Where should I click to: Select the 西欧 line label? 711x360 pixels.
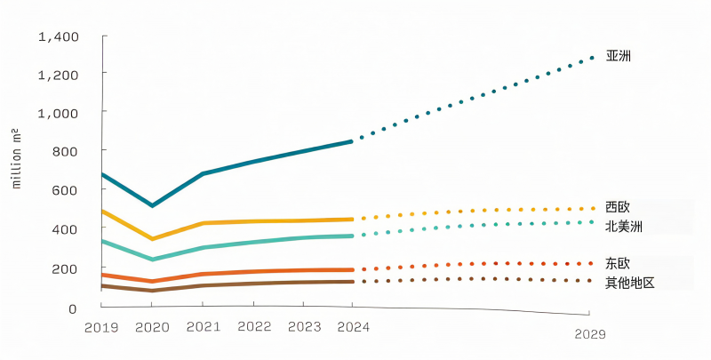pos(618,207)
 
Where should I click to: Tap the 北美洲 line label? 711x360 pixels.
pos(624,226)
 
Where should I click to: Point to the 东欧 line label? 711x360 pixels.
pos(618,263)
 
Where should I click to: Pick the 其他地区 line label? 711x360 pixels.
pos(630,283)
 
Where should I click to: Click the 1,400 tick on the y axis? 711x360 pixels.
pos(59,36)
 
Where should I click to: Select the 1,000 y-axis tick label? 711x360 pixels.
pos(59,113)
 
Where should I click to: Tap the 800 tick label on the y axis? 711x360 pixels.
pos(65,151)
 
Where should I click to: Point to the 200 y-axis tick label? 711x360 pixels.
pos(65,268)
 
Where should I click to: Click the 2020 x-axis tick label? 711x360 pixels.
pos(152,327)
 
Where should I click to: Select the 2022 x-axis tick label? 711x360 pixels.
pos(254,327)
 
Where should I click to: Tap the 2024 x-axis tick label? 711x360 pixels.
pos(353,327)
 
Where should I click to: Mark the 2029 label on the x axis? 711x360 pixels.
pos(590,334)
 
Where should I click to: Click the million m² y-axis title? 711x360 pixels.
pos(16,158)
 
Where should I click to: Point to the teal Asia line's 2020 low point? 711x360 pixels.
pos(153,205)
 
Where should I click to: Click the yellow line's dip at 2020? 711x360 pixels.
pos(153,238)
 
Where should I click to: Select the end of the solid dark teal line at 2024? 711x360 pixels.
pos(351,141)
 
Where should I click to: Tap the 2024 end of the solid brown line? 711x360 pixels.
pos(351,282)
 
